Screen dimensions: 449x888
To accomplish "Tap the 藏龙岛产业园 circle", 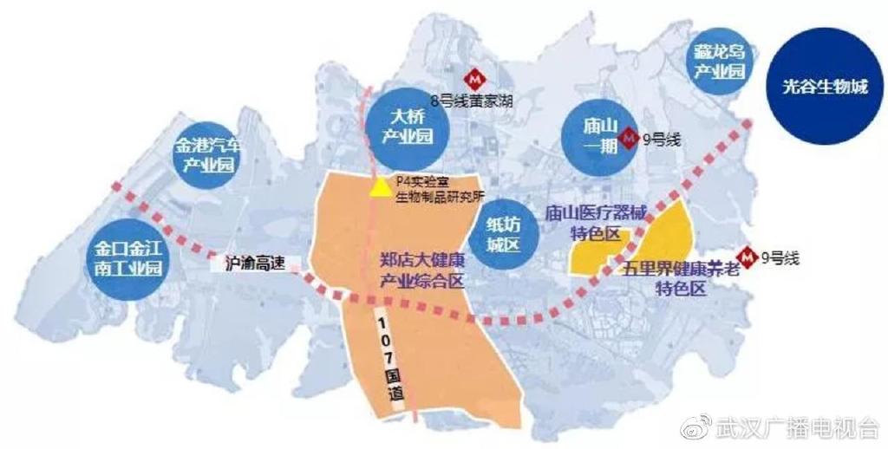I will click(719, 63).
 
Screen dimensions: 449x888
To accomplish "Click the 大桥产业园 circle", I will click(401, 127).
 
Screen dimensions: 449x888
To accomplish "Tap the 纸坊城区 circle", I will click(502, 234).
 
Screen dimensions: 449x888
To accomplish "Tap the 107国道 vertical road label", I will click(388, 355).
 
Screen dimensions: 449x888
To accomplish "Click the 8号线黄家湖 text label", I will click(471, 101).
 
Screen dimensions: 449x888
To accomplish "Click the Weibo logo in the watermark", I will click(696, 426).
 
